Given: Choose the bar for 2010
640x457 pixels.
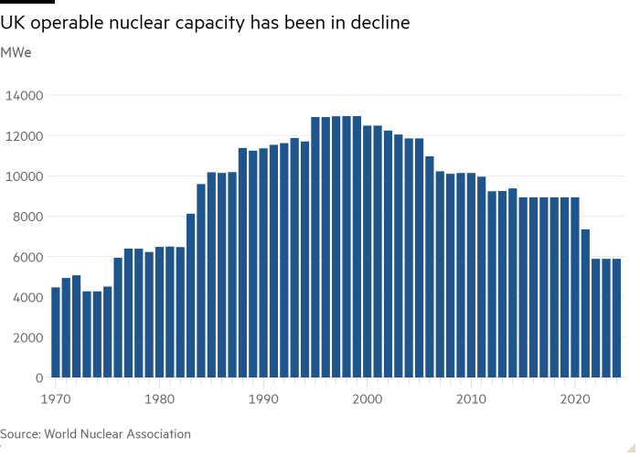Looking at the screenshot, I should coord(471,275).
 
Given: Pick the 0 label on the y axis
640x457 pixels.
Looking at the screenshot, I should coord(38,377).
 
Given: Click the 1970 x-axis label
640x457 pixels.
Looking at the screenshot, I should coord(56,399).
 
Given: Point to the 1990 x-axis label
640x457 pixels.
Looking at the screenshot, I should coord(263,399).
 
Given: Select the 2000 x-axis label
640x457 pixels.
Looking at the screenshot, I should coord(367,399).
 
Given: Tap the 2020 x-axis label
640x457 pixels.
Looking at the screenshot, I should coord(574,399).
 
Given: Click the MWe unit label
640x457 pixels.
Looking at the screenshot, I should coord(16,52).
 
